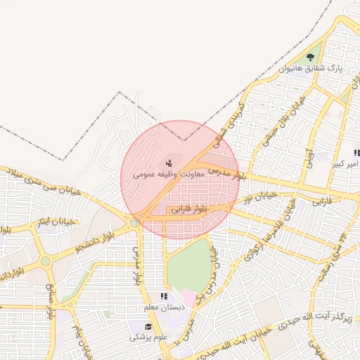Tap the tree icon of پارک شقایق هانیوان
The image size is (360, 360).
[311, 58]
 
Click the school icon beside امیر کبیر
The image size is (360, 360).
[356, 153]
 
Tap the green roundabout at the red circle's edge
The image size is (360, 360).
[134, 223]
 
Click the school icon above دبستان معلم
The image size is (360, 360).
[164, 297]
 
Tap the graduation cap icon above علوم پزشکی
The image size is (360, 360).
[148, 326]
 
